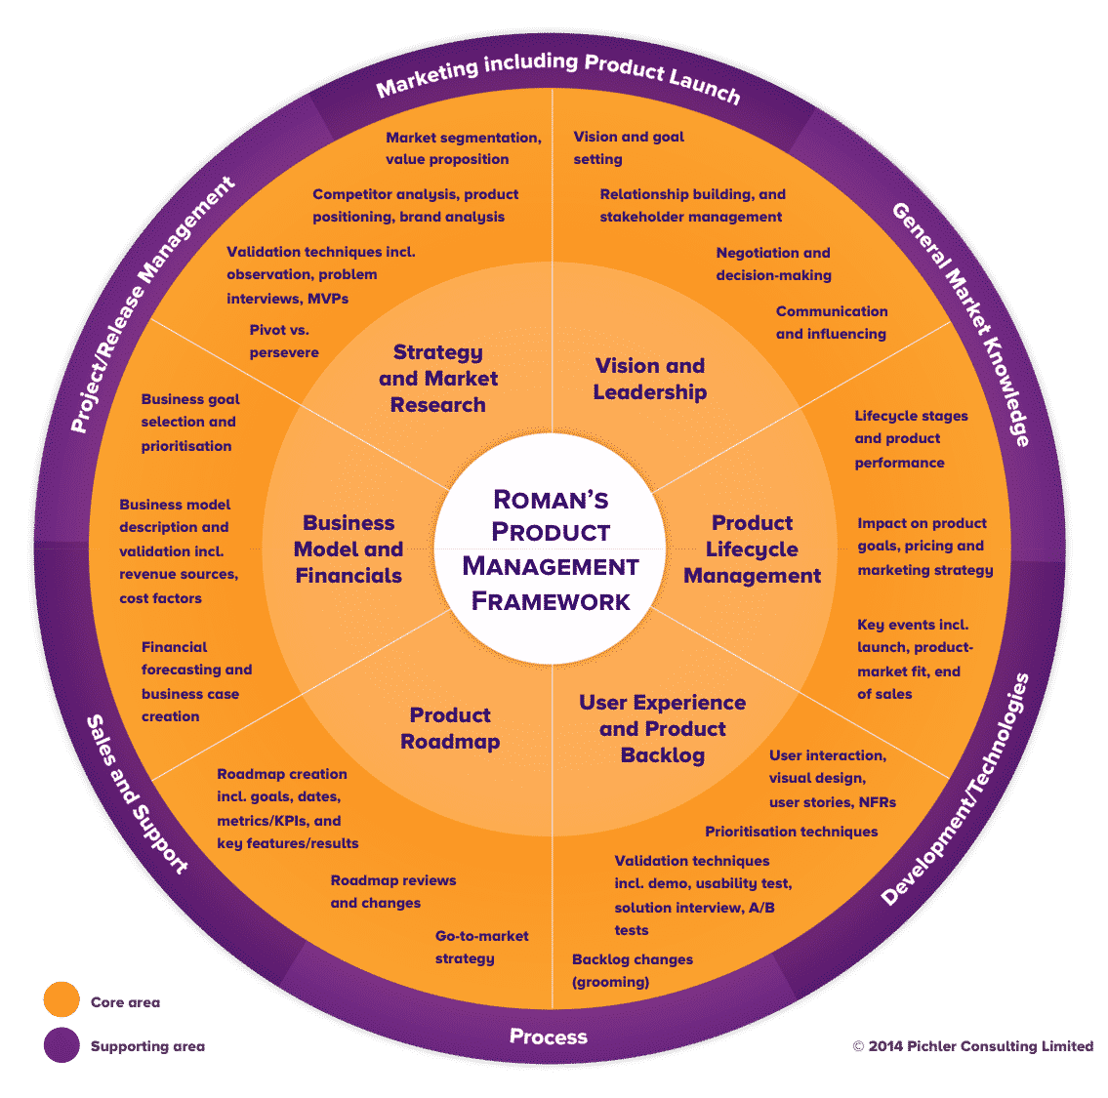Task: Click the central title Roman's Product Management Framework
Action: click(x=551, y=549)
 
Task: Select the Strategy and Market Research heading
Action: click(x=437, y=379)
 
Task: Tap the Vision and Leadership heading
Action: click(x=649, y=379)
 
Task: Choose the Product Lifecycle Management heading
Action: click(x=752, y=549)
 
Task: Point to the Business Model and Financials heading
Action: click(x=349, y=549)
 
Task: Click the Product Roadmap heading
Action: click(x=450, y=728)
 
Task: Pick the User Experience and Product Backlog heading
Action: click(x=662, y=728)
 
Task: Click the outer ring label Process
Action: click(x=549, y=1037)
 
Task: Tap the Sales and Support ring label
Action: click(x=137, y=793)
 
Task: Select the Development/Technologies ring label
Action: click(x=956, y=790)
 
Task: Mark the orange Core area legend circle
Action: click(x=62, y=1001)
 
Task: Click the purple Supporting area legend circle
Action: click(x=62, y=1045)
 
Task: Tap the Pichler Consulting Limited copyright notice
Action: click(x=972, y=1046)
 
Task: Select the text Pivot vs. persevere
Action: click(x=284, y=342)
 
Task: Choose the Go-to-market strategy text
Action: click(x=481, y=947)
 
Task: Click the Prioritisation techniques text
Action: click(x=791, y=832)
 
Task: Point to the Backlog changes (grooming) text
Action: click(x=633, y=970)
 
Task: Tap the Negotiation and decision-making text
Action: click(x=773, y=264)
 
